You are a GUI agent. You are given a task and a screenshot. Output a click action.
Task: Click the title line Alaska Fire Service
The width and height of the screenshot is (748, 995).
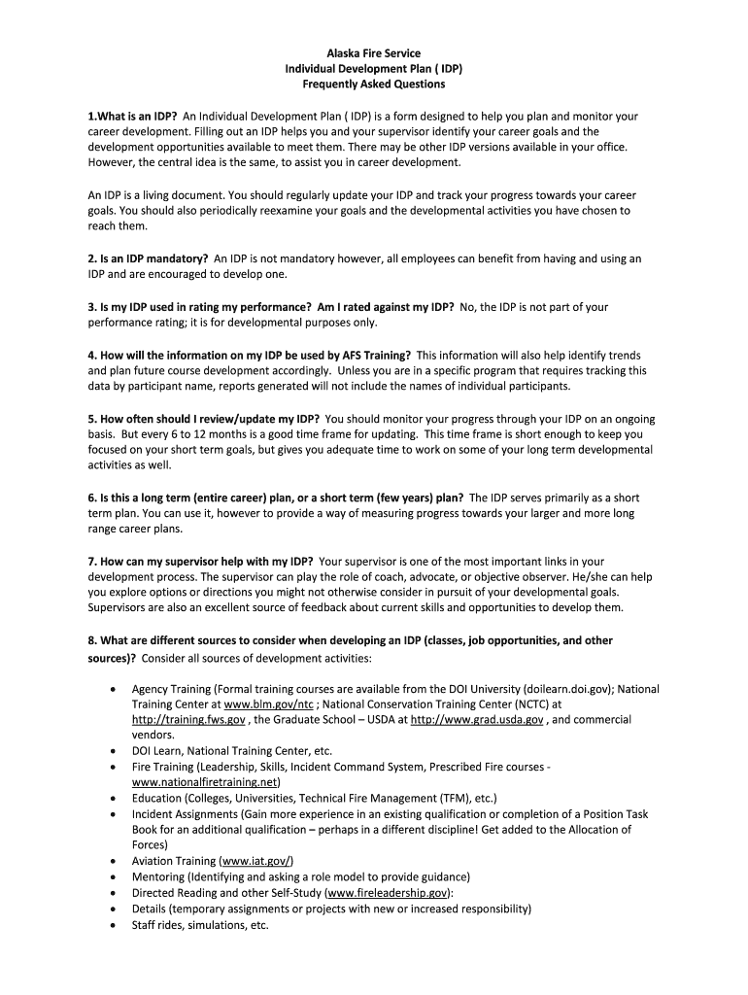pyautogui.click(x=373, y=53)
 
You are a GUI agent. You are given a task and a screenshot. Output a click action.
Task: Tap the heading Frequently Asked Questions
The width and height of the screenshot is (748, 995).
pyautogui.click(x=373, y=85)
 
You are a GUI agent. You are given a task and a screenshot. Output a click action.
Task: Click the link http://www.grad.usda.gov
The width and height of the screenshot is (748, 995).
pyautogui.click(x=476, y=719)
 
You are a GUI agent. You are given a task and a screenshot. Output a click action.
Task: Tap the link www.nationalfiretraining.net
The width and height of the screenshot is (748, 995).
pyautogui.click(x=205, y=781)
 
